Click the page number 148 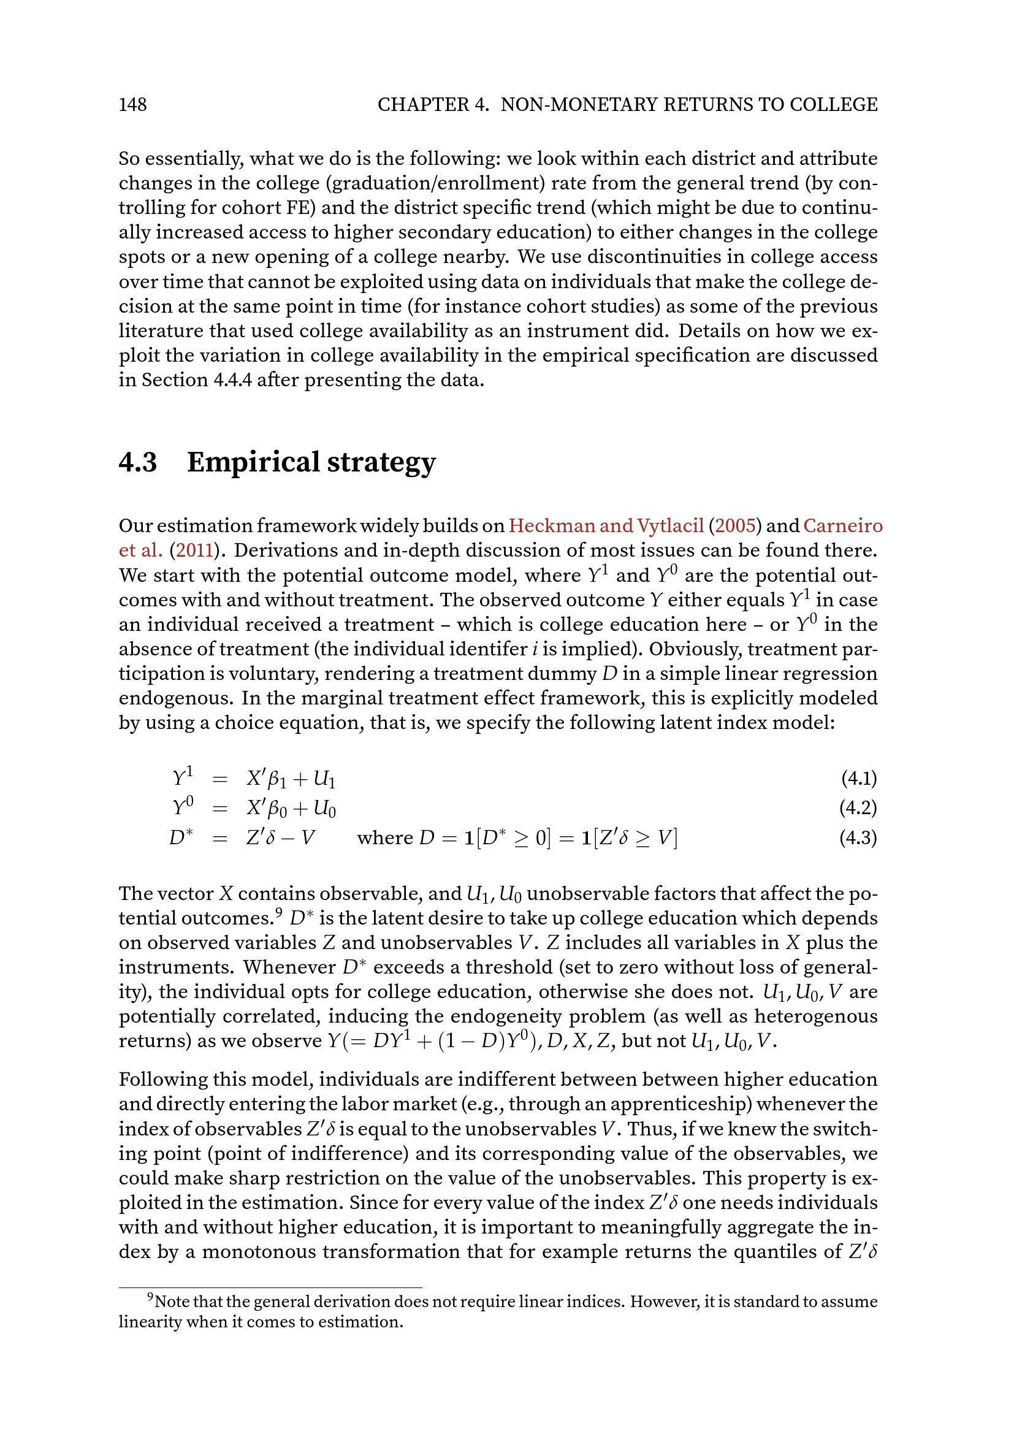(132, 104)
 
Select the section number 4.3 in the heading (138, 463)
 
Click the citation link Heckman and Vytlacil (606, 526)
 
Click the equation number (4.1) (858, 779)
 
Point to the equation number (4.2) (858, 808)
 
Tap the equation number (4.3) (858, 838)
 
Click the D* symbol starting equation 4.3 (180, 837)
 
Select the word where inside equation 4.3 (384, 838)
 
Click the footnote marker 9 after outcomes (279, 913)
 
